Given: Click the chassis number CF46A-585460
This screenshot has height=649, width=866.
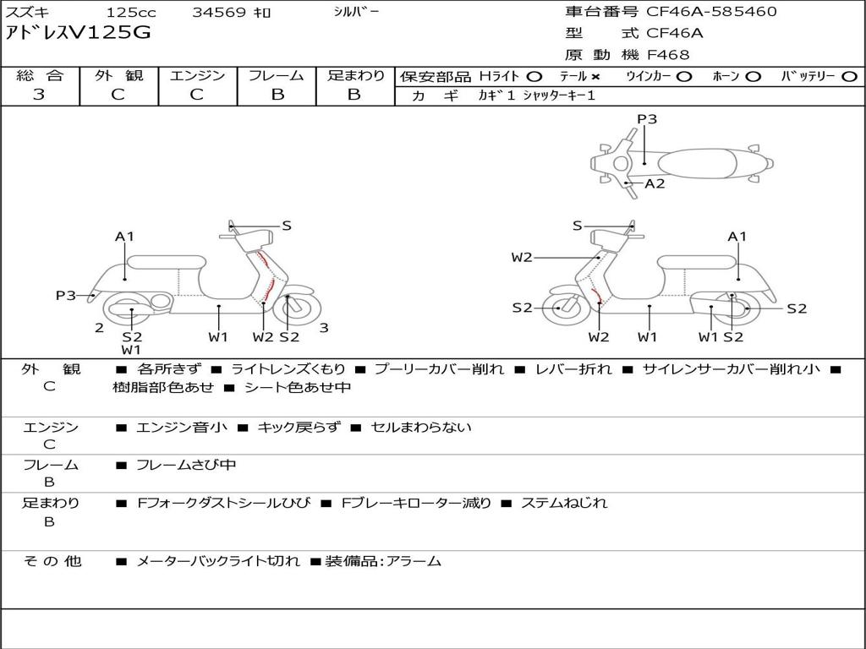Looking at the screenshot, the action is [711, 12].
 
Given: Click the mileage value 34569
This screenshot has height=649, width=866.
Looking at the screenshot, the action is [219, 13].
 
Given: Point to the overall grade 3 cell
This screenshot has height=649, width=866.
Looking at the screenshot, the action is [39, 95].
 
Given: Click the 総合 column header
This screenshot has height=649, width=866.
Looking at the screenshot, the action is [39, 75].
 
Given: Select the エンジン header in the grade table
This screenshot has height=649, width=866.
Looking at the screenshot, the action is [197, 75].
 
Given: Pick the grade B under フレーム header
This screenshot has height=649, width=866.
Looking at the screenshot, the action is [277, 95].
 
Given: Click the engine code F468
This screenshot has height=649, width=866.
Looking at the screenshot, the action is [668, 55].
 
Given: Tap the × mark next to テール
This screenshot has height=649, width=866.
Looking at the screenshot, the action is [595, 77].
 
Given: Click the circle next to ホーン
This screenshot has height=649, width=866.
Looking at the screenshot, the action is [753, 77].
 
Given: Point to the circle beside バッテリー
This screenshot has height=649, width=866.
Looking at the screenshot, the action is [849, 77].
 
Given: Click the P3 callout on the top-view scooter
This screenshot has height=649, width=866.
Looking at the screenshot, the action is [647, 119].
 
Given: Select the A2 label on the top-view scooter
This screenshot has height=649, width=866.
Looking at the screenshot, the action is [655, 183].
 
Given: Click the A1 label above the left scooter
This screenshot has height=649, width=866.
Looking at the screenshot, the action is [125, 237].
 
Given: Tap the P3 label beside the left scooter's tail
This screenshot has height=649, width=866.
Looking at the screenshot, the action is [66, 295].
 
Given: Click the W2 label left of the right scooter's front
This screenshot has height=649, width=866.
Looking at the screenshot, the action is [522, 258].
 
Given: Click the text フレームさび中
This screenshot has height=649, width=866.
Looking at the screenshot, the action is [186, 465].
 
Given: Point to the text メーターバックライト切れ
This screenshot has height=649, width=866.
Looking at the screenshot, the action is [217, 561].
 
